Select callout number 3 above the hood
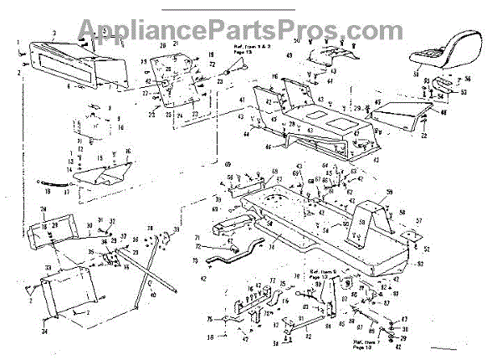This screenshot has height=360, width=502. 54,31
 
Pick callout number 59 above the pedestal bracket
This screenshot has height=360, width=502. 387,193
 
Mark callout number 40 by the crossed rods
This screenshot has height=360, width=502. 151,296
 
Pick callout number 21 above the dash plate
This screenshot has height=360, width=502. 176,43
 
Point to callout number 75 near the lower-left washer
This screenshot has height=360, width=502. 208,319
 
